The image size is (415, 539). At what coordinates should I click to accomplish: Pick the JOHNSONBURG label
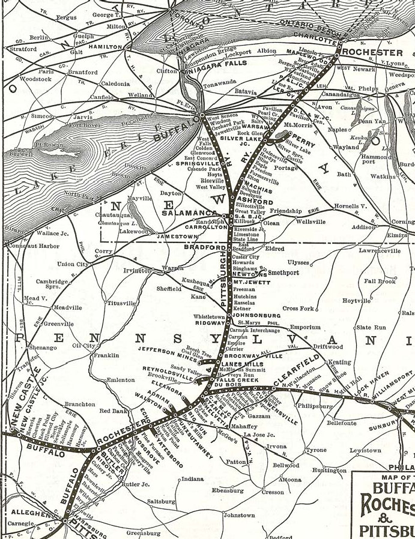click(x=256, y=315)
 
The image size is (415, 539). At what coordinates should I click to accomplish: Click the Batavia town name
click(x=245, y=92)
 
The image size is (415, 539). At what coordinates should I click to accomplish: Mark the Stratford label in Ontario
click(x=23, y=49)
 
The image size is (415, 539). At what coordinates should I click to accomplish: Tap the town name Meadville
click(x=67, y=307)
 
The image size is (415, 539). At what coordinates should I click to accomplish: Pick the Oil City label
click(x=83, y=346)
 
